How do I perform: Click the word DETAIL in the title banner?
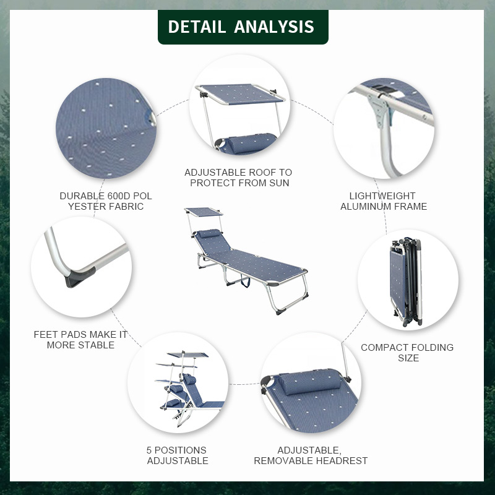click(x=197, y=27)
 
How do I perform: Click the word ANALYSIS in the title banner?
click(x=274, y=27)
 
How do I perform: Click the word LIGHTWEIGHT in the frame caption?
click(x=382, y=196)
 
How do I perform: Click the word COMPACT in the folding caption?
click(x=381, y=348)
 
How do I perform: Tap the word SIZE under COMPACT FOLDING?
click(x=408, y=358)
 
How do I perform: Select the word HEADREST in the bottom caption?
click(x=341, y=461)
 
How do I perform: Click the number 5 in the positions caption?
click(x=149, y=450)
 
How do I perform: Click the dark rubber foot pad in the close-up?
click(x=79, y=277)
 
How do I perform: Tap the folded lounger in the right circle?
click(x=406, y=282)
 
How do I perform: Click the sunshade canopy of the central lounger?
click(x=204, y=212)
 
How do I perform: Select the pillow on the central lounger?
click(x=209, y=234)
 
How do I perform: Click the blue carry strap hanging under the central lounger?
click(x=245, y=280)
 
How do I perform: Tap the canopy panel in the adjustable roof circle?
click(x=241, y=94)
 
